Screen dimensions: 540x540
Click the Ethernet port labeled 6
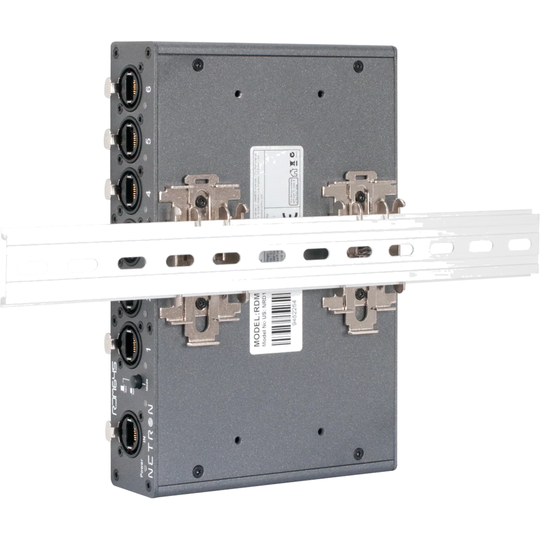point(128,86)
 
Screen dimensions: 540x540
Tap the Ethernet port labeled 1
point(128,337)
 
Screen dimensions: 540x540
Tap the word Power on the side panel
point(141,469)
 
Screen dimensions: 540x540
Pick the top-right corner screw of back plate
point(359,66)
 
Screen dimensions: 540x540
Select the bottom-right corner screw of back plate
point(359,452)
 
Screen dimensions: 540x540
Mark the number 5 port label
point(148,141)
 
